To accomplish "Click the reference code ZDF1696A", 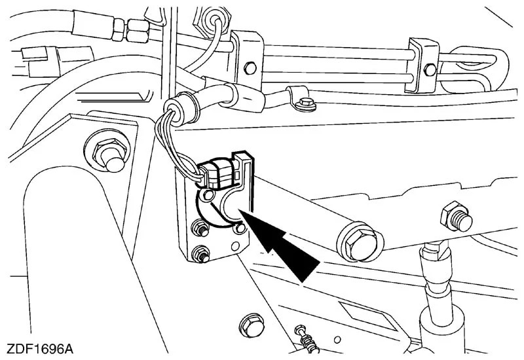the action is (x=40, y=350).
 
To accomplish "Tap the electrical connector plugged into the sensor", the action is (x=217, y=173).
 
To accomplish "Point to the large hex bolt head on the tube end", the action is (x=360, y=242).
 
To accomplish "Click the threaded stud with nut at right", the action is (x=457, y=217).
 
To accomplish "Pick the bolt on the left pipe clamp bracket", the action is (x=250, y=68).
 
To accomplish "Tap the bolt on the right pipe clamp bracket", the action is (x=430, y=69).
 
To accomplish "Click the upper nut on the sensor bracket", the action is (x=200, y=228).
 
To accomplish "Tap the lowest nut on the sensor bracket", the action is (x=201, y=254).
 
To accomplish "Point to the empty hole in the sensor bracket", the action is (x=236, y=247).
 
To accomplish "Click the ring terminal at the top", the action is (x=213, y=20).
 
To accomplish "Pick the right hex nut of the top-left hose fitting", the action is (x=137, y=31).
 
